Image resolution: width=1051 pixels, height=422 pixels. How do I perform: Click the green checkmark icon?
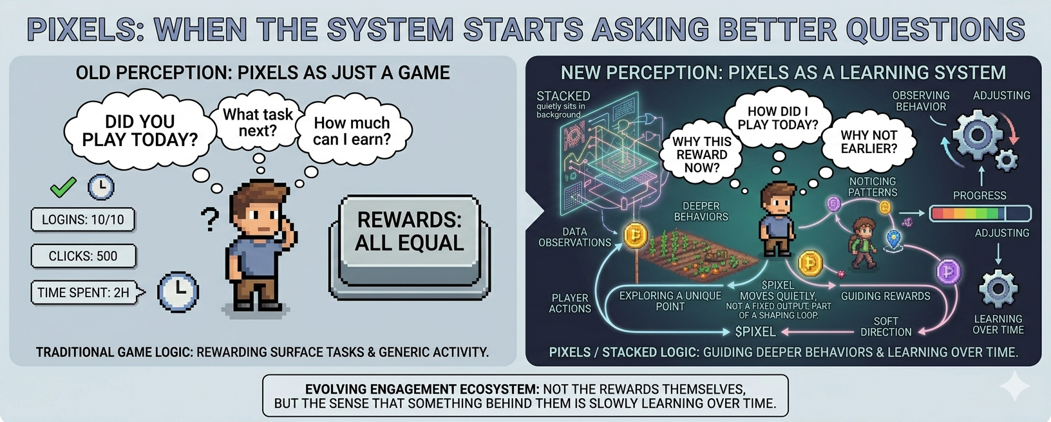click(63, 187)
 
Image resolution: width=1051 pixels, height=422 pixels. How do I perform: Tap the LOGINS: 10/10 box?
click(83, 219)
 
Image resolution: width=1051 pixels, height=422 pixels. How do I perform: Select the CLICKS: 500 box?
click(84, 256)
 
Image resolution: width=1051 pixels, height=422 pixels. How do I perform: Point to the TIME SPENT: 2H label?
click(83, 293)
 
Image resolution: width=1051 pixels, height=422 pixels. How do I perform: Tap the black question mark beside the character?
click(210, 219)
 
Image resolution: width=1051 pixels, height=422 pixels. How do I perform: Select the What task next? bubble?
click(258, 122)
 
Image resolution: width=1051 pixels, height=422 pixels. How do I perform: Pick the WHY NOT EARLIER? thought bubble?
click(869, 142)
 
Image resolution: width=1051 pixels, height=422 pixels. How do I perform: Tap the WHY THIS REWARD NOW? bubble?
click(701, 155)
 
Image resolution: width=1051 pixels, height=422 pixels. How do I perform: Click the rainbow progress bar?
click(980, 214)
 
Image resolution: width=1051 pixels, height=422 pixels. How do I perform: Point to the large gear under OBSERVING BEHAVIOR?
click(977, 136)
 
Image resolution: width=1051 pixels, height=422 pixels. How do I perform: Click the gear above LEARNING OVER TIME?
click(998, 288)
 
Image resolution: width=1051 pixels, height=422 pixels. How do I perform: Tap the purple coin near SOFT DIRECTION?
click(949, 271)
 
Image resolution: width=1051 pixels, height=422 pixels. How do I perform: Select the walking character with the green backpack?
click(863, 243)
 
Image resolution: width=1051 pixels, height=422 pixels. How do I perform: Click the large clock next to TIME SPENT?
click(178, 291)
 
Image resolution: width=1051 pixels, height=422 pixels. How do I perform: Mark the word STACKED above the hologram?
click(563, 96)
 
